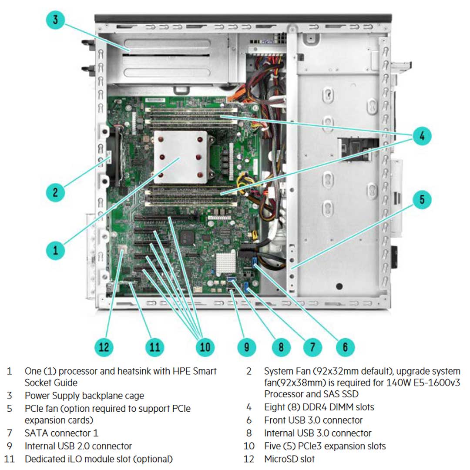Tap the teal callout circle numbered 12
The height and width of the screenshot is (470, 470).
pyautogui.click(x=104, y=346)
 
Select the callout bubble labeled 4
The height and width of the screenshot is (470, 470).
pyautogui.click(x=421, y=135)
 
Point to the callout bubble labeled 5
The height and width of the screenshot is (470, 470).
pyautogui.click(x=421, y=200)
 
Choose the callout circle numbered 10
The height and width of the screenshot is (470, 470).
pyautogui.click(x=205, y=346)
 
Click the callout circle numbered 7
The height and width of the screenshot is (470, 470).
pyautogui.click(x=312, y=346)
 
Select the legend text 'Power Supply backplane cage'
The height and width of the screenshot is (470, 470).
pyautogui.click(x=84, y=396)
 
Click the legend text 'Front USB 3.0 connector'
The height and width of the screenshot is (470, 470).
pyautogui.click(x=313, y=420)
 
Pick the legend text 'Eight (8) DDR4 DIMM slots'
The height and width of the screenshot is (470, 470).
pyautogui.click(x=319, y=407)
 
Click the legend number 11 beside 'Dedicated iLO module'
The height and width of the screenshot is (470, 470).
pyautogui.click(x=9, y=459)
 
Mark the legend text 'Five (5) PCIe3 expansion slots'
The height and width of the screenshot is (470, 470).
pyautogui.click(x=325, y=446)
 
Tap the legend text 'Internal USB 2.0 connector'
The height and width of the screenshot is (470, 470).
pyautogui.click(x=78, y=446)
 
